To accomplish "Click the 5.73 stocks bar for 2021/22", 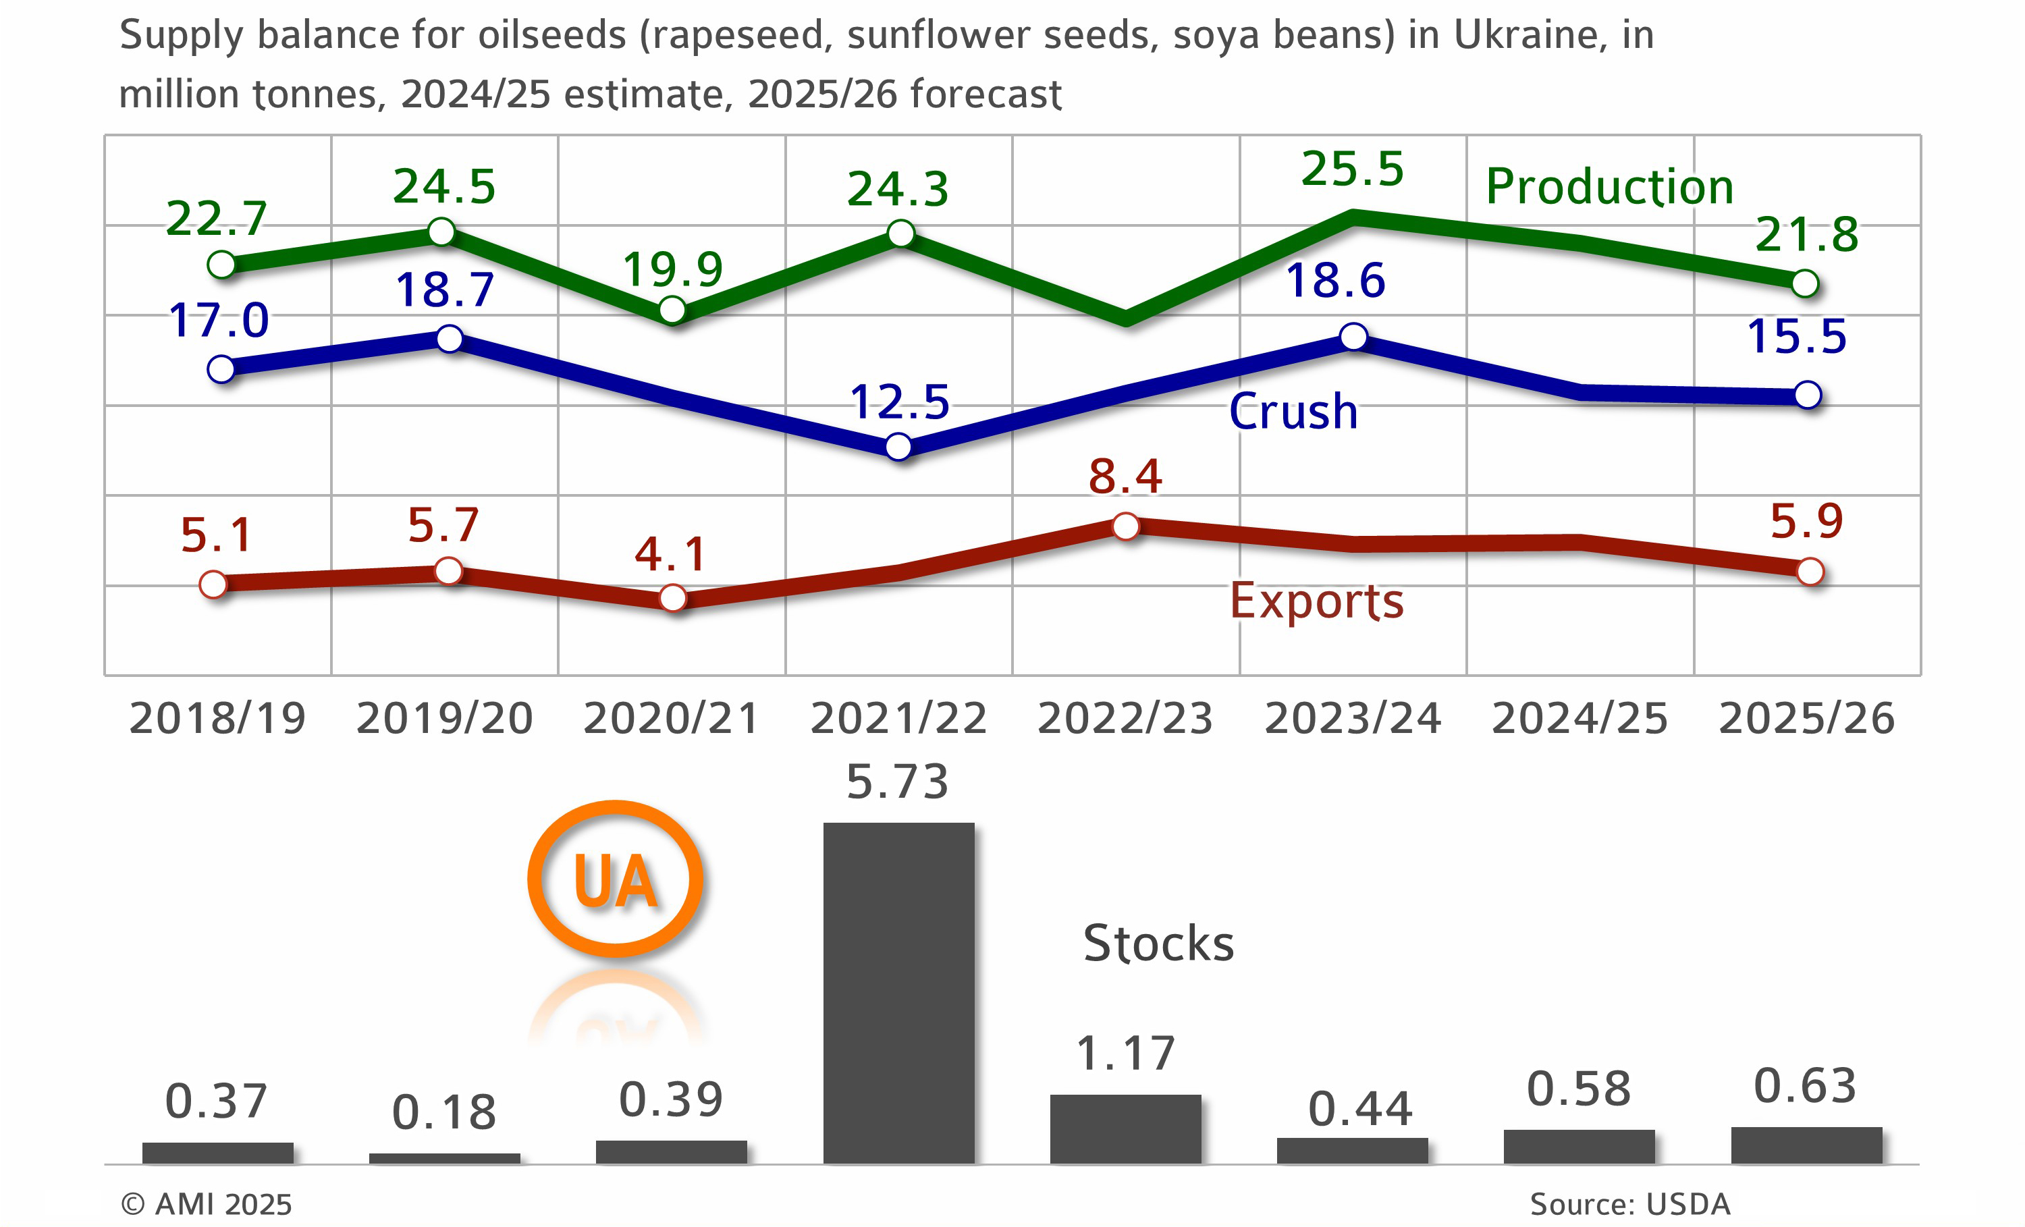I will (x=898, y=992).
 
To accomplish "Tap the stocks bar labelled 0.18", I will (x=445, y=1158).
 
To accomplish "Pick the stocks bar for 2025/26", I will (x=1806, y=1145).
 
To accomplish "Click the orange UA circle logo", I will (x=616, y=879).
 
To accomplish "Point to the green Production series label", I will (x=1609, y=186).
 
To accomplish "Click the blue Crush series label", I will (x=1293, y=411).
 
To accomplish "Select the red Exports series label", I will (x=1316, y=601).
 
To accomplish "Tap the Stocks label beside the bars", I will (x=1158, y=943).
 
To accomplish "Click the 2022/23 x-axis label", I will (x=1125, y=718).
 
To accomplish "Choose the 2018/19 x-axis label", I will (x=218, y=718).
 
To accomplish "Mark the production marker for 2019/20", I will (x=442, y=231).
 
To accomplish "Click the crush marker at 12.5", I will (x=898, y=447).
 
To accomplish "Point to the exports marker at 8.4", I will (x=1125, y=526).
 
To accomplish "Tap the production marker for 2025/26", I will (x=1805, y=283).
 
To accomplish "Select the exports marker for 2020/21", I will (x=672, y=597).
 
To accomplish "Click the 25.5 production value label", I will (x=1352, y=169).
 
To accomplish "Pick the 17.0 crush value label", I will (x=219, y=320).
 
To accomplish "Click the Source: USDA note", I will (x=1629, y=1204).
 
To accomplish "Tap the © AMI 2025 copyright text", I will (x=207, y=1204).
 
